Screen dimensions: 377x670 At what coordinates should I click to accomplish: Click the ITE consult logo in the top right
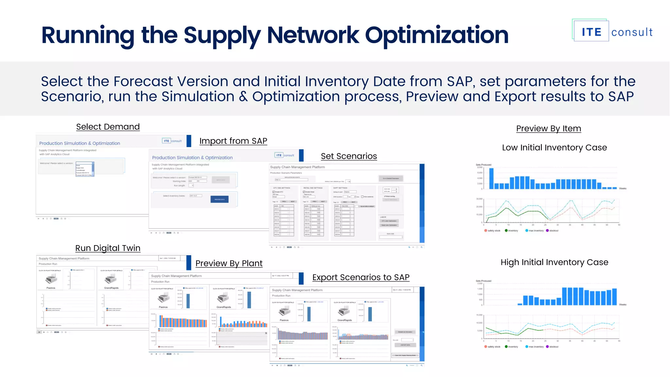pos(612,31)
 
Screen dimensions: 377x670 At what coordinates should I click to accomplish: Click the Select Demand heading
pos(108,127)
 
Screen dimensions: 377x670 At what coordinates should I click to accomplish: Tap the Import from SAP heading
pos(233,141)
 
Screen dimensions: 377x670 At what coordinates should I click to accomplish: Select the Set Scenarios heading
pos(349,156)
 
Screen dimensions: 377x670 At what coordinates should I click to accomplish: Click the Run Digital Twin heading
pos(108,248)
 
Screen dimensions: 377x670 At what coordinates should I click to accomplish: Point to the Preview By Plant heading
pos(229,263)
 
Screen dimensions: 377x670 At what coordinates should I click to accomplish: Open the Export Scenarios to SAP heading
pos(361,278)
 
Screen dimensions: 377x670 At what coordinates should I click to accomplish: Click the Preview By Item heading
pos(549,129)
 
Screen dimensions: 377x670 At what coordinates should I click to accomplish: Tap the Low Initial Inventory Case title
pos(554,148)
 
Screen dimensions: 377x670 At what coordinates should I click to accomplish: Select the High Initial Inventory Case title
pos(554,262)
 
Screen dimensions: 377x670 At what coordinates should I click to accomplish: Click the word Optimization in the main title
pos(436,35)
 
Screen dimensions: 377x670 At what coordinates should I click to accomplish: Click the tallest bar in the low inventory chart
pos(491,179)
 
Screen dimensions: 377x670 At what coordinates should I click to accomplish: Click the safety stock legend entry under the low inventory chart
pos(493,231)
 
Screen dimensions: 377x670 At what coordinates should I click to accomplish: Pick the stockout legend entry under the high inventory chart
pos(553,347)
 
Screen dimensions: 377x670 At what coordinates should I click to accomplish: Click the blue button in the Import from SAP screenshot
pos(220,199)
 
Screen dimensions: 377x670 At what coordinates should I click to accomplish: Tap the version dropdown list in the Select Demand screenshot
pos(85,169)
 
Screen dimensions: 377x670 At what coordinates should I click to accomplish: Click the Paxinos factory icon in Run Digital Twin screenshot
pos(51,279)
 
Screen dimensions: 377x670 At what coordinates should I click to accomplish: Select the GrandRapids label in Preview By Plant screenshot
pos(224,307)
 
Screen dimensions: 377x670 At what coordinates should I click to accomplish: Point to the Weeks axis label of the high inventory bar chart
pos(623,305)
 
